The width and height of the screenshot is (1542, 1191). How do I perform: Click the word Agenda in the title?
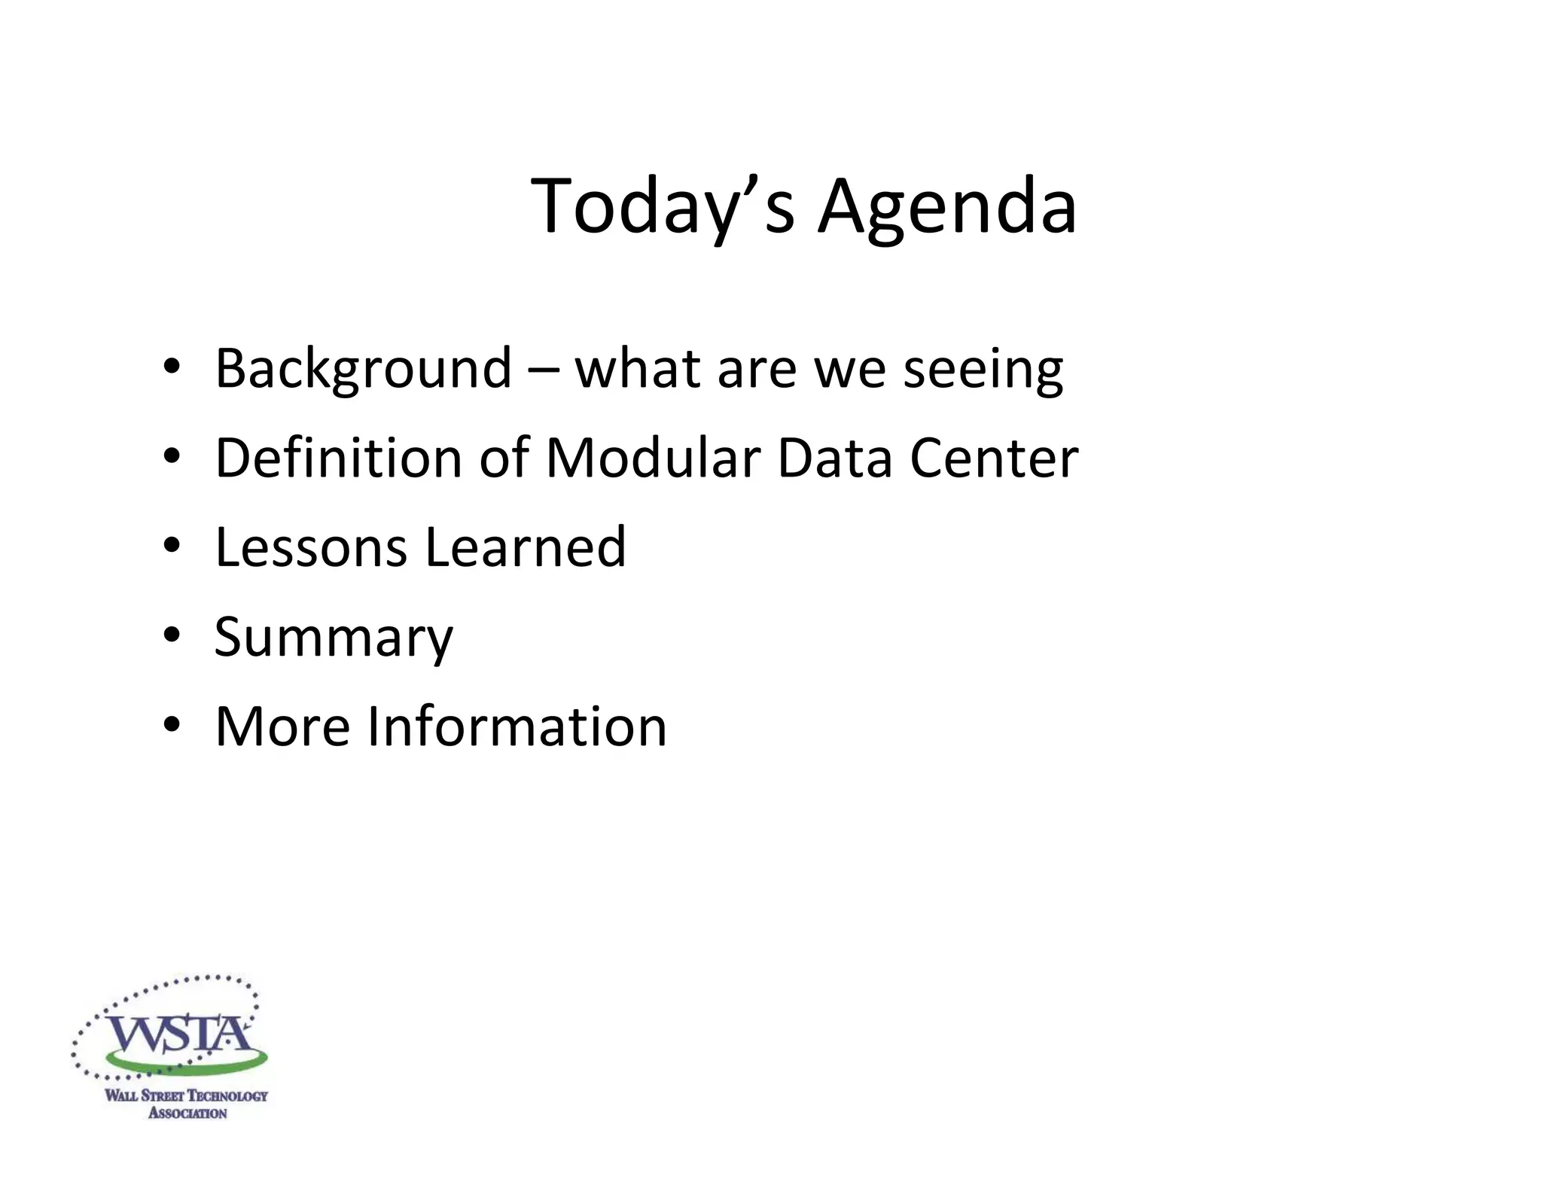pyautogui.click(x=947, y=207)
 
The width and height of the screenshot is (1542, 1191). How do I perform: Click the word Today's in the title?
pyautogui.click(x=663, y=207)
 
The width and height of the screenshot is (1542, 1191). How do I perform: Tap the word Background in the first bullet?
pyautogui.click(x=364, y=369)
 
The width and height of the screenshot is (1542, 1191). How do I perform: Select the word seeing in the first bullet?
pyautogui.click(x=983, y=369)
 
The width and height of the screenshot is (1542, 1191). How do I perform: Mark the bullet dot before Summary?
pyautogui.click(x=172, y=635)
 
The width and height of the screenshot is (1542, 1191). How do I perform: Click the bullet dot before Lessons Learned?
pyautogui.click(x=172, y=545)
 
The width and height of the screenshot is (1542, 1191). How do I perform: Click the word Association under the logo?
pyautogui.click(x=187, y=1113)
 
